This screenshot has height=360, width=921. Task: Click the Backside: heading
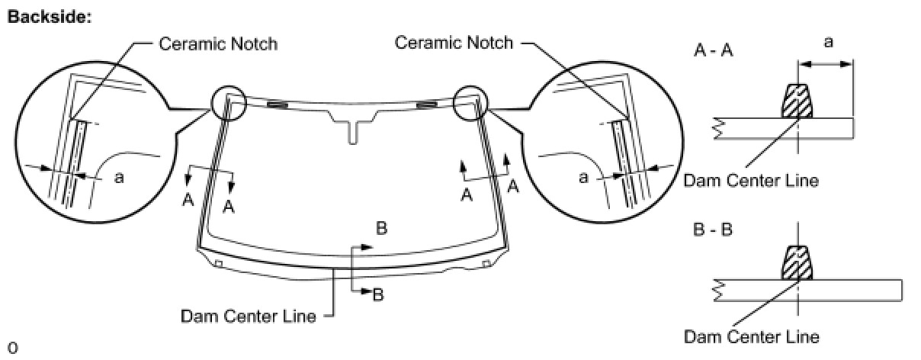click(50, 18)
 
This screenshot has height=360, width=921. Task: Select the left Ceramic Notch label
click(218, 44)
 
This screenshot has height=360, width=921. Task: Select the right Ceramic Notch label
click(454, 43)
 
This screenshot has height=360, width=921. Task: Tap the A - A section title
click(714, 50)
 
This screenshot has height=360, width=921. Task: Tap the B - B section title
click(713, 229)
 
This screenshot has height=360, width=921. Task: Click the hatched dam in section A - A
click(797, 101)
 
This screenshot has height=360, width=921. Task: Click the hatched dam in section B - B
click(797, 263)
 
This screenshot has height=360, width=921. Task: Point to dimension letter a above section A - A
click(829, 43)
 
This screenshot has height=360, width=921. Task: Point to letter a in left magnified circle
click(119, 178)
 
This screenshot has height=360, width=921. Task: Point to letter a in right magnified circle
click(583, 178)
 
